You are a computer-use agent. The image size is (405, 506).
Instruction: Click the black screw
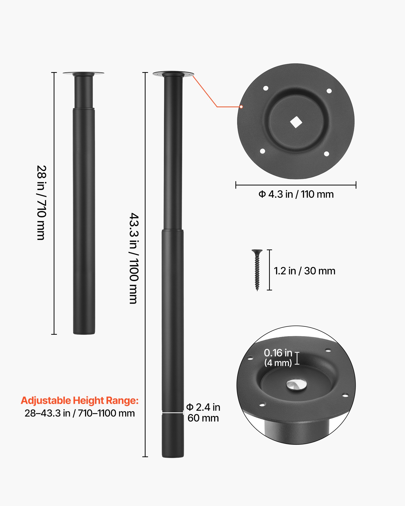pyautogui.click(x=257, y=270)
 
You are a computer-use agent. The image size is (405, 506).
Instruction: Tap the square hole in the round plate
pyautogui.click(x=296, y=122)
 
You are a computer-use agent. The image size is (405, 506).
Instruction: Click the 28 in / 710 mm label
pyautogui.click(x=41, y=203)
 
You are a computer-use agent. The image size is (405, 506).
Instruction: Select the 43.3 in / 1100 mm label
pyautogui.click(x=134, y=258)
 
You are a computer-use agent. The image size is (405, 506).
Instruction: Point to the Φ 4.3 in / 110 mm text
pyautogui.click(x=296, y=194)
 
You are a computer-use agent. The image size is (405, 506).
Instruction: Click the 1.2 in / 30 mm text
pyautogui.click(x=305, y=271)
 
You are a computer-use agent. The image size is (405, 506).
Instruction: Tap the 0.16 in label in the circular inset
pyautogui.click(x=278, y=353)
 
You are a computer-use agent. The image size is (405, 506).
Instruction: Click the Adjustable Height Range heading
pyautogui.click(x=80, y=400)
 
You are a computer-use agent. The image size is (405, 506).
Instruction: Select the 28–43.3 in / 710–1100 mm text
pyautogui.click(x=80, y=413)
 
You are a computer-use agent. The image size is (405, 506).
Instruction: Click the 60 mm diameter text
pyautogui.click(x=203, y=418)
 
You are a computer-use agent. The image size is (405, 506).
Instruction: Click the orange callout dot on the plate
pyautogui.click(x=241, y=107)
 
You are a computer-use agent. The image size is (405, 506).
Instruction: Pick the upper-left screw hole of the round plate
pyautogui.click(x=266, y=88)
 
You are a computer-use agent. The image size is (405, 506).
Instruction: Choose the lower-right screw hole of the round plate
pyautogui.click(x=327, y=154)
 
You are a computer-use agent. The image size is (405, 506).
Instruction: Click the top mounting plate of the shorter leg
pyautogui.click(x=83, y=74)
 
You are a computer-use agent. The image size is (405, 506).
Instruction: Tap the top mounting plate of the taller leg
pyautogui.click(x=173, y=74)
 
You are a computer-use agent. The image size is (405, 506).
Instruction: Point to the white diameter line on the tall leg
pyautogui.click(x=173, y=413)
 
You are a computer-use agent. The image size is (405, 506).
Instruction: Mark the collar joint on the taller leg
pyautogui.click(x=173, y=230)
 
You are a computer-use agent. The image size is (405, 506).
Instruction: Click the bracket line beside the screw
pyautogui.click(x=270, y=270)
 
